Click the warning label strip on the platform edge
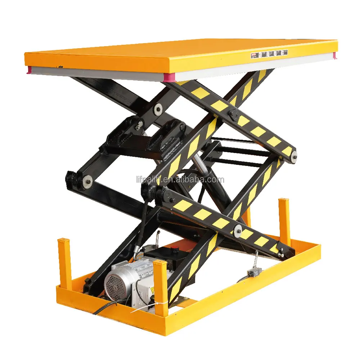point(269,53)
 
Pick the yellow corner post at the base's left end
point(64,263)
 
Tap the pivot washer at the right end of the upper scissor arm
point(294,156)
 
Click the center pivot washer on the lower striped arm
point(237,231)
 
